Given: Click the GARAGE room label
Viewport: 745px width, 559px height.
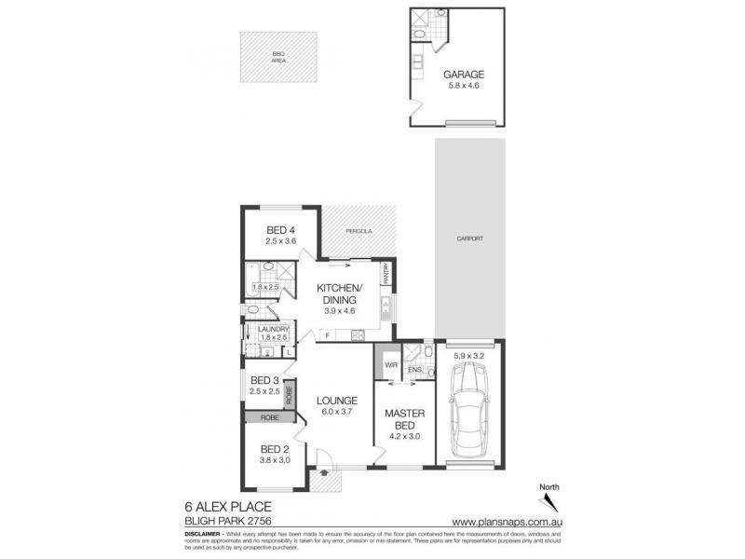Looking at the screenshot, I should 463,74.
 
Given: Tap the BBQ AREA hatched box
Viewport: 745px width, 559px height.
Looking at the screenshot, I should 278,58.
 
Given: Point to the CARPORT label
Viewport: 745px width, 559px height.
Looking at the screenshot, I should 470,239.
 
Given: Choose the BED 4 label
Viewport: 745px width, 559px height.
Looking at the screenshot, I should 280,231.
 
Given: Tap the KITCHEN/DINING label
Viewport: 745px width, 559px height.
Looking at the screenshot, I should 341,293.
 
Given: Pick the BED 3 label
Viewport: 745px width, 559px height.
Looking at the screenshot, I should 265,380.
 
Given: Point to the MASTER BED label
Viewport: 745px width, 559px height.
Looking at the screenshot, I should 405,419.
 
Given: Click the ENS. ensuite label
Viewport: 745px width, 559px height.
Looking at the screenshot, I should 415,370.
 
